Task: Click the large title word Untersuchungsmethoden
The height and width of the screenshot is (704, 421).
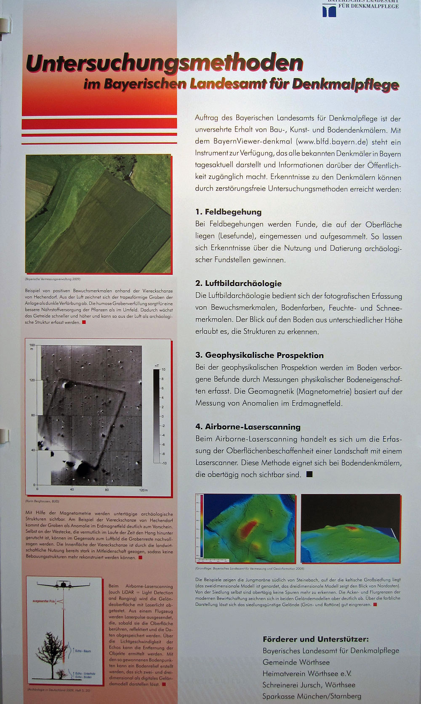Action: (x=164, y=63)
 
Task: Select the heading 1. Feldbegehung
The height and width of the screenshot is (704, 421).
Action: (x=228, y=212)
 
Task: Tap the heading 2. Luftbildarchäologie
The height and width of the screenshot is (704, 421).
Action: (x=238, y=283)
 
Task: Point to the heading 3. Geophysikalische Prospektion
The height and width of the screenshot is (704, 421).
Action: (x=259, y=355)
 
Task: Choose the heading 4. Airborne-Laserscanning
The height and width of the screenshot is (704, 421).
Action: (x=248, y=427)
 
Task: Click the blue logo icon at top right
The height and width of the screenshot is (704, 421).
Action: (x=329, y=11)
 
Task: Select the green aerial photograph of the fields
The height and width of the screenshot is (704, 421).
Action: (x=98, y=213)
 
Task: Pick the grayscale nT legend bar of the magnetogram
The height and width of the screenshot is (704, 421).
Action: (x=156, y=416)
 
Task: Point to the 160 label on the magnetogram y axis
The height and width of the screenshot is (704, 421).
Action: (x=32, y=345)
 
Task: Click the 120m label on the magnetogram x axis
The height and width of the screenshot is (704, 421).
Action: (x=143, y=490)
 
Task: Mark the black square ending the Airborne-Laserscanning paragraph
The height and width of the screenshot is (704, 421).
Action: (x=309, y=474)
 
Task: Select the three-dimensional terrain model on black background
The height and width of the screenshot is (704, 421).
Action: (x=351, y=529)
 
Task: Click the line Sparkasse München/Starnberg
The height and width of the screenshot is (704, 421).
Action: (x=312, y=696)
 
